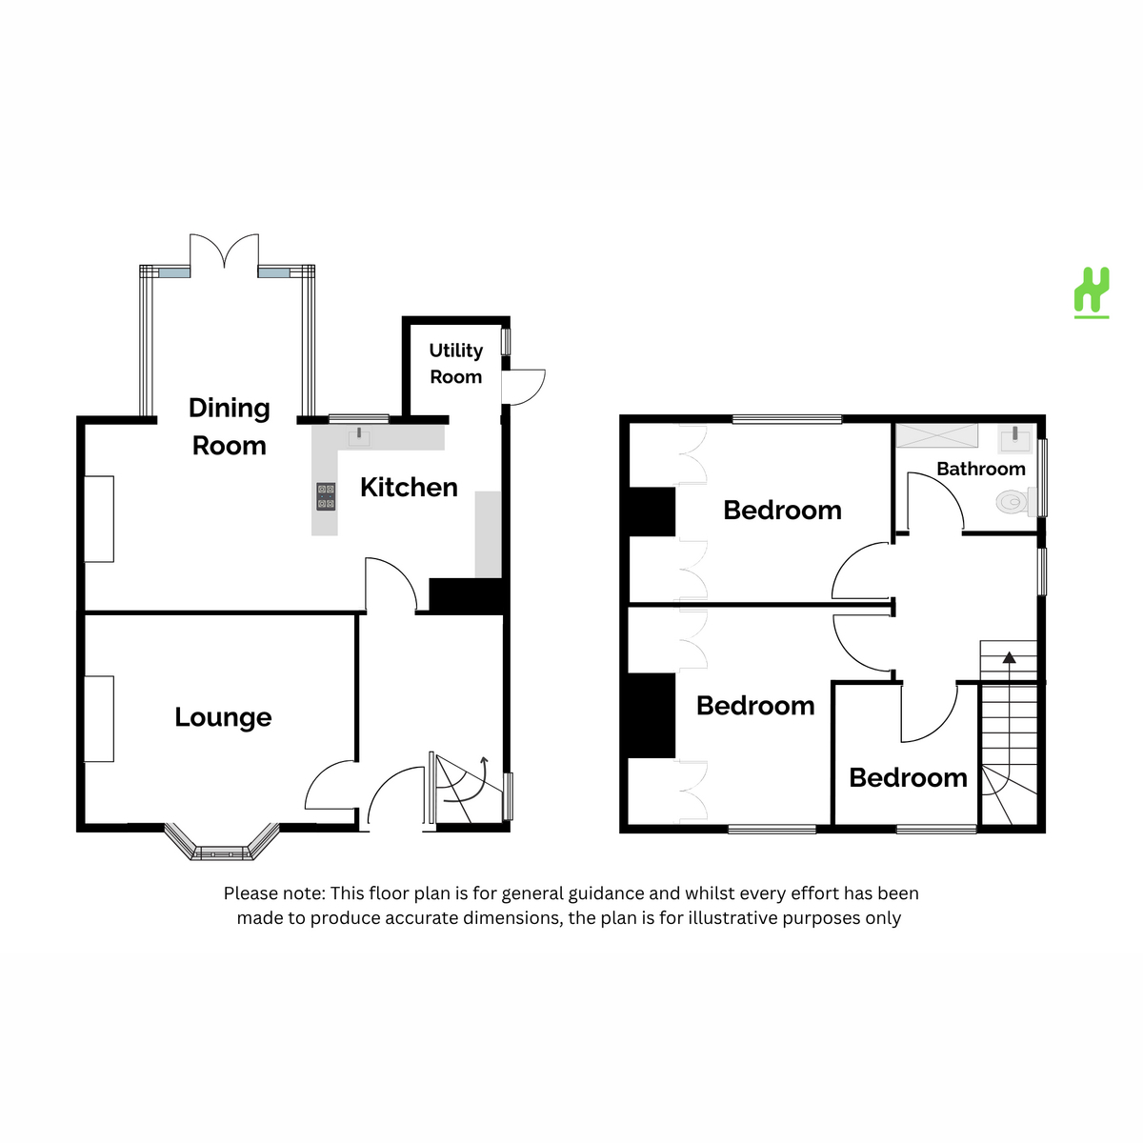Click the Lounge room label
coord(223,718)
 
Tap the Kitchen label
coord(409,488)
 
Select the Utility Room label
coord(455,363)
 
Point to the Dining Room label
coord(229,427)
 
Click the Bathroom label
coord(980,470)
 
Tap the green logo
coord(1092,292)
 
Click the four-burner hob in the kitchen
coord(326,496)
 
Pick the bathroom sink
coord(1015,439)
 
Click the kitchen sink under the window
coord(359,437)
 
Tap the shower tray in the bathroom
coord(936,435)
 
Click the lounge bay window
coord(221,842)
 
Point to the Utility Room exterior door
coord(523,388)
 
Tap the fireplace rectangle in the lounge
coord(98,719)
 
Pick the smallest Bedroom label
coord(908,777)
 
